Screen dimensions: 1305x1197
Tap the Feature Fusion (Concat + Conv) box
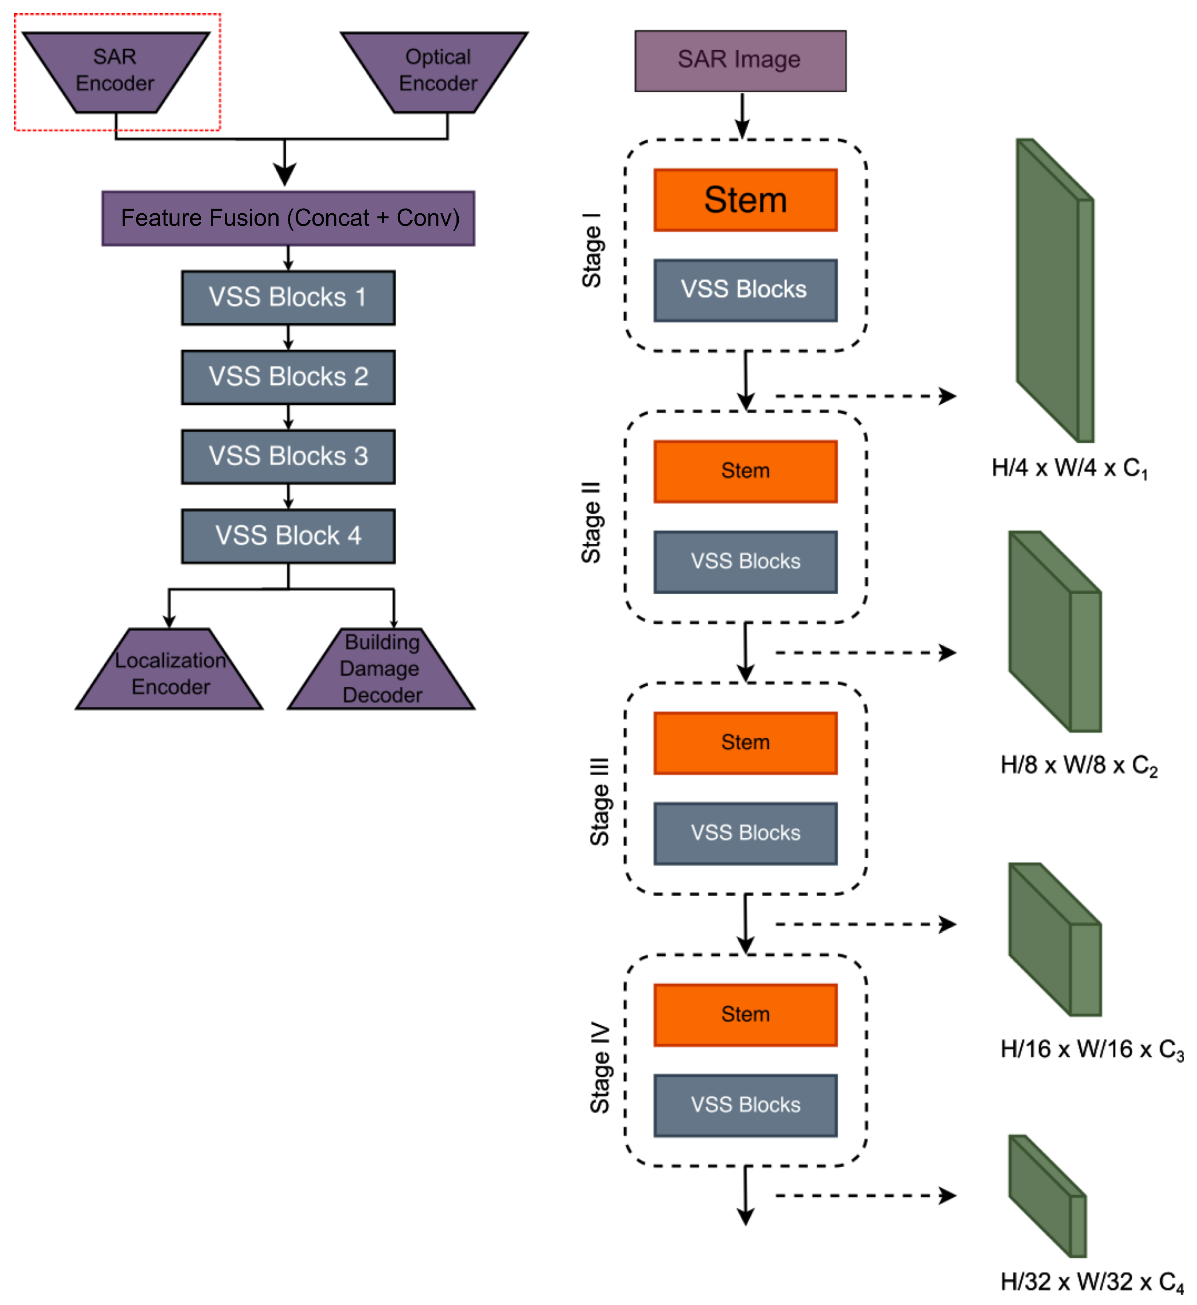coord(288,218)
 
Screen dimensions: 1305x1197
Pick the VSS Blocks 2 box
coord(288,377)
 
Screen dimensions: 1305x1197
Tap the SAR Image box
coord(740,60)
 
